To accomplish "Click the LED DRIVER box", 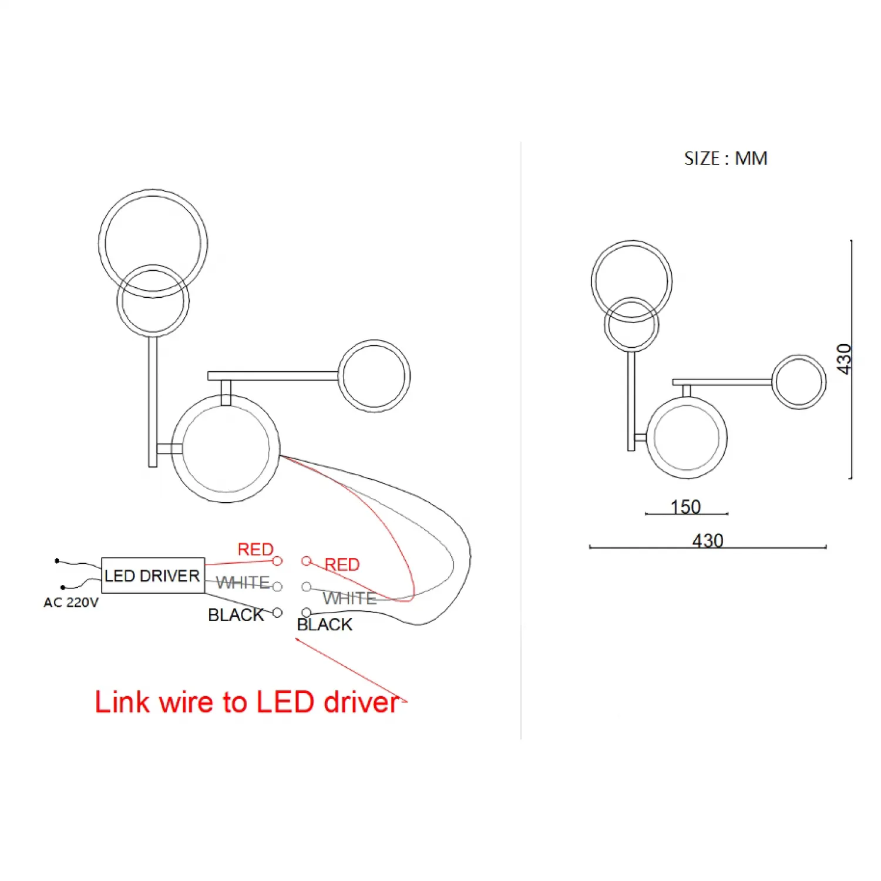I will pyautogui.click(x=153, y=575).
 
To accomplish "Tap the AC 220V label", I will pyautogui.click(x=71, y=603).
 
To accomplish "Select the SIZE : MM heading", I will pyautogui.click(x=725, y=159).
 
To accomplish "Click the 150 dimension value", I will pyautogui.click(x=685, y=506).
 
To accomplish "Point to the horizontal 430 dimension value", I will pyautogui.click(x=707, y=540).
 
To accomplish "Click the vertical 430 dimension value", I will pyautogui.click(x=843, y=358).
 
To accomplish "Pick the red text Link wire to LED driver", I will pyautogui.click(x=247, y=702).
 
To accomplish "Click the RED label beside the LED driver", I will pyautogui.click(x=255, y=549).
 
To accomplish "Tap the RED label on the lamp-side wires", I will pyautogui.click(x=342, y=564).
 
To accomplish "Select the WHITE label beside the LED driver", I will pyautogui.click(x=243, y=583).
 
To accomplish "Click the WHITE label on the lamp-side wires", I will pyautogui.click(x=349, y=598).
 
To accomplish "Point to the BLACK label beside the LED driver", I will pyautogui.click(x=236, y=615).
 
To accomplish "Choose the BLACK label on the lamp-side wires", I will pyautogui.click(x=324, y=625).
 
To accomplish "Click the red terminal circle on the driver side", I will pyautogui.click(x=277, y=561).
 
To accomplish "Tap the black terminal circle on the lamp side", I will pyautogui.click(x=306, y=613).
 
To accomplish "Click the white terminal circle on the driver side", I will pyautogui.click(x=277, y=587).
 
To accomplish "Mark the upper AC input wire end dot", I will pyautogui.click(x=57, y=561).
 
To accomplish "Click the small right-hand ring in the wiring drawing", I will pyautogui.click(x=374, y=376).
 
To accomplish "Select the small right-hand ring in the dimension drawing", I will pyautogui.click(x=799, y=382).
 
